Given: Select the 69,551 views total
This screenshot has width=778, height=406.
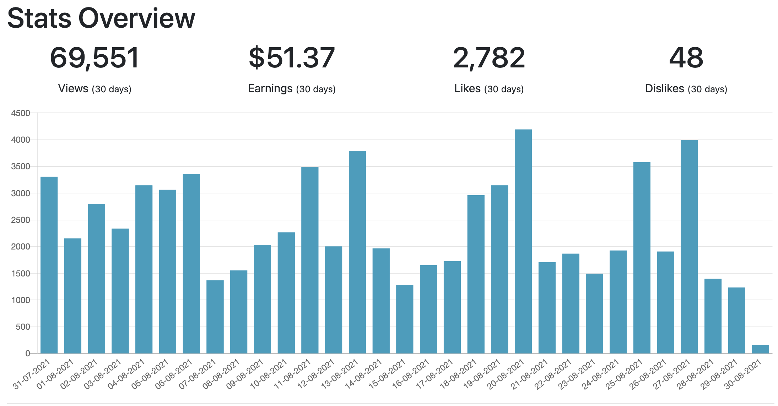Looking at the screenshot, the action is pyautogui.click(x=94, y=58).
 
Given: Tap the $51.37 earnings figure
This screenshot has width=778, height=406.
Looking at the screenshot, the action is pyautogui.click(x=292, y=58).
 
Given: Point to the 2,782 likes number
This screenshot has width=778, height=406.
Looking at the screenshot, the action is pyautogui.click(x=489, y=58).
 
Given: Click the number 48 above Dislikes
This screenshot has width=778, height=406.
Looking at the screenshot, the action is pyautogui.click(x=686, y=58).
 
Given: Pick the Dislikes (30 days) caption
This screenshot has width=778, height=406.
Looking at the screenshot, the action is pyautogui.click(x=686, y=88).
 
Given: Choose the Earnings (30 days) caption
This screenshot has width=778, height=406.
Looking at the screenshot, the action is pyautogui.click(x=292, y=88).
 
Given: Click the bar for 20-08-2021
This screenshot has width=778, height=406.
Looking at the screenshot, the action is pyautogui.click(x=523, y=241).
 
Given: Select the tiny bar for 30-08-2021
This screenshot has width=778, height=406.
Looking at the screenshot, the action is pyautogui.click(x=760, y=349).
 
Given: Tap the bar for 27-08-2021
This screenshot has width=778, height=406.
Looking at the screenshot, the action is pyautogui.click(x=689, y=247).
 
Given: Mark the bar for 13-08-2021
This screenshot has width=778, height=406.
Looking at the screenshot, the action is pyautogui.click(x=357, y=252).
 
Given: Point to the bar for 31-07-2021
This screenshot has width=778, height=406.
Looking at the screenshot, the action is pyautogui.click(x=49, y=265).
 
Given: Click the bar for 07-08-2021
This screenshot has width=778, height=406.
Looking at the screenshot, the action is pyautogui.click(x=215, y=317).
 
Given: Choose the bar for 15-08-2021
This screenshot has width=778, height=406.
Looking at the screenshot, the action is pyautogui.click(x=405, y=319).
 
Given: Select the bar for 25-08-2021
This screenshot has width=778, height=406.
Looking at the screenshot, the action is pyautogui.click(x=642, y=258).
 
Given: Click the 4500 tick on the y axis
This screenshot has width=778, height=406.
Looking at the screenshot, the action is pyautogui.click(x=21, y=113).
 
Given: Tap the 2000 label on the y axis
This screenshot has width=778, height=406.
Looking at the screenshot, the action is pyautogui.click(x=21, y=247).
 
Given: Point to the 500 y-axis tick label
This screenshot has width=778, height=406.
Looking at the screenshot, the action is pyautogui.click(x=23, y=327).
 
